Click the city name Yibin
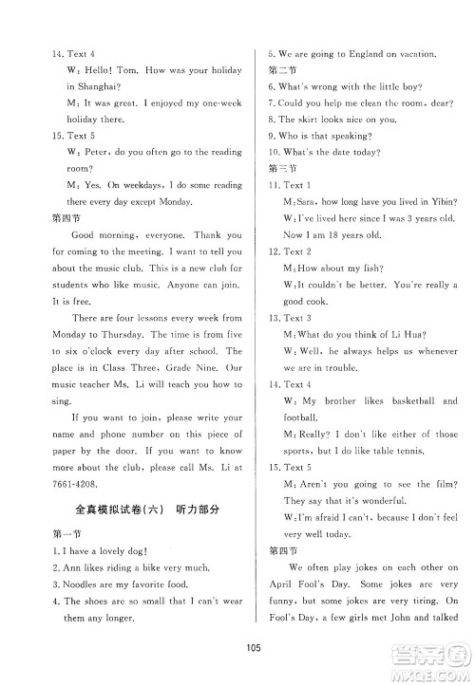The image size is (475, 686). tap(440, 201)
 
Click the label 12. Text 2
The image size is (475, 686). tap(290, 251)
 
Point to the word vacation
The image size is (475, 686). tap(416, 55)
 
